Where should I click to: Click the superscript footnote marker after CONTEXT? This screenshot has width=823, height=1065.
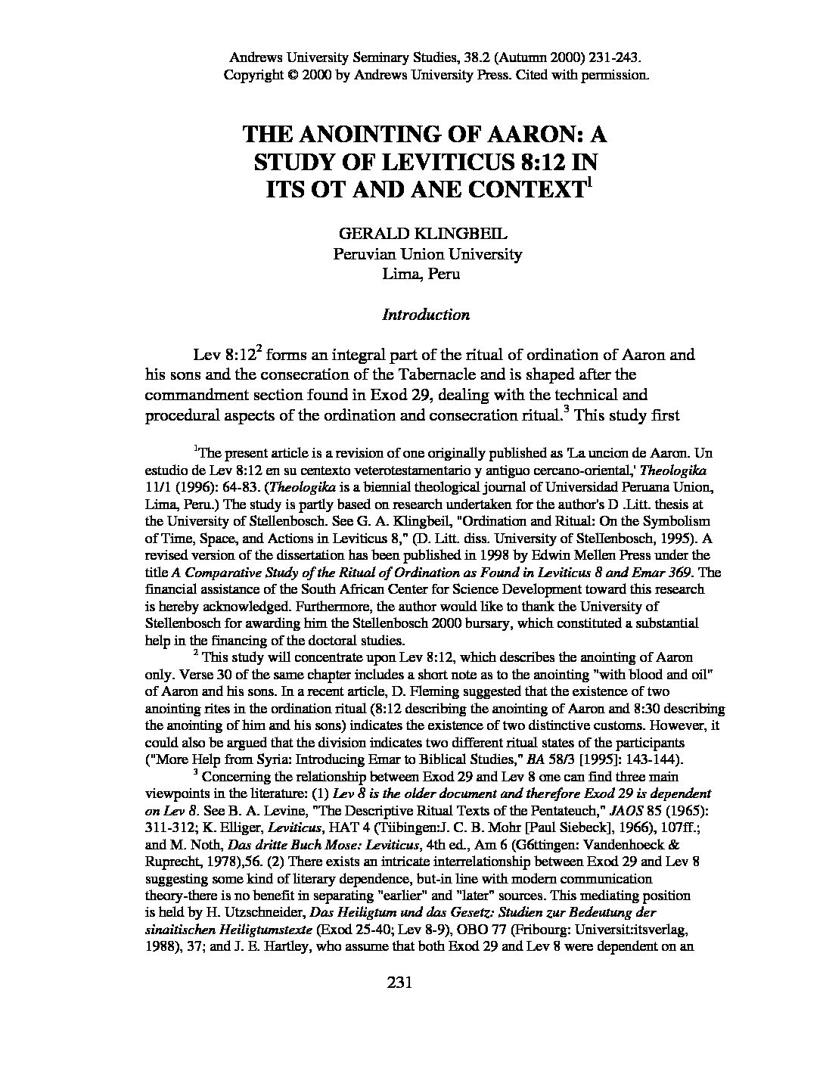coord(589,182)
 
